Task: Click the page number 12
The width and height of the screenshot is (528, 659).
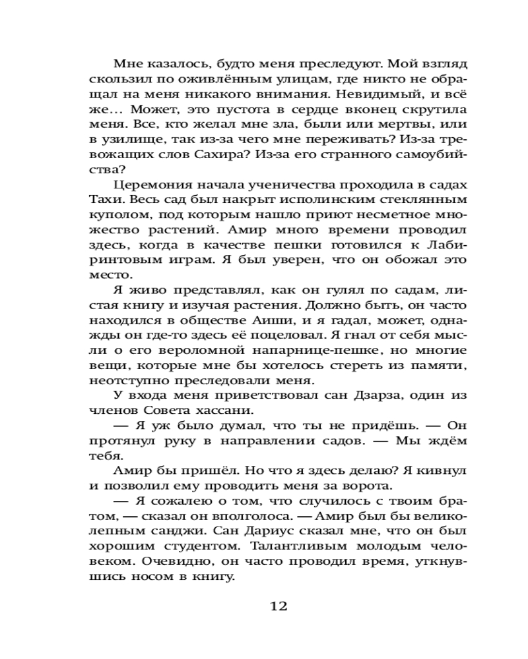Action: (x=279, y=606)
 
